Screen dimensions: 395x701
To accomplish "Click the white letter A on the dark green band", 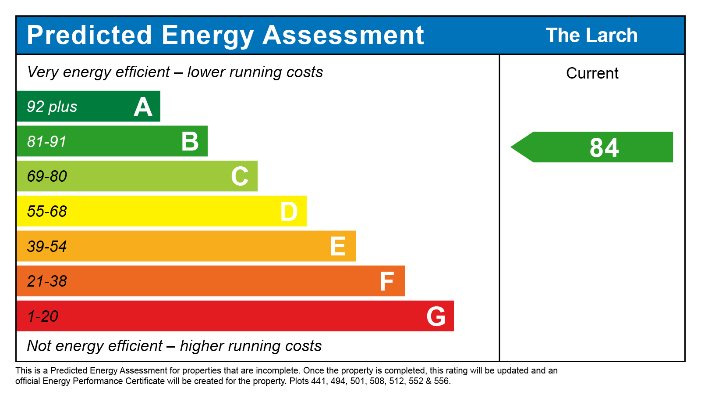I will tap(143, 107).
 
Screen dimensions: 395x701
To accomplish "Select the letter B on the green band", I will tap(190, 142).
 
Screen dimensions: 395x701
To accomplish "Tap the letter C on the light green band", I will tap(240, 176).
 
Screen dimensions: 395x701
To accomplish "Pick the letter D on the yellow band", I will tap(289, 212).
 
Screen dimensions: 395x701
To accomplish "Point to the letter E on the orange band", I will tap(338, 247).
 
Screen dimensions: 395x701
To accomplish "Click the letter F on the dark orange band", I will tap(387, 281).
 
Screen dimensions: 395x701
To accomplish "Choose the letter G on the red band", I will tap(436, 316).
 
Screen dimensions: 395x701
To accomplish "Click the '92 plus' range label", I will tap(52, 107).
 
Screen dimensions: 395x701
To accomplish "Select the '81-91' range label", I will tap(47, 142).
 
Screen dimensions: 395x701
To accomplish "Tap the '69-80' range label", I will tap(47, 176).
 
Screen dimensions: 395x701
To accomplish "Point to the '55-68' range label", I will tap(47, 212).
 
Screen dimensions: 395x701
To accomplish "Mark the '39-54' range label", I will tap(47, 247).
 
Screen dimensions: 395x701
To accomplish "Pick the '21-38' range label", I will tap(47, 281).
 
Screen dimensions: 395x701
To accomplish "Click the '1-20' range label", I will tap(43, 316).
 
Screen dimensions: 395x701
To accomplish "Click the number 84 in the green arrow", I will tap(604, 148).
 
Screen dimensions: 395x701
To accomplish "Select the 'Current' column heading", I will tap(592, 73).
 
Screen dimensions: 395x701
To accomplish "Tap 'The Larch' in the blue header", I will tap(591, 36).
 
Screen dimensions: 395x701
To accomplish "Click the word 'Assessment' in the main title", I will tap(343, 35).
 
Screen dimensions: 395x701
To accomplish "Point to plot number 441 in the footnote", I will tap(319, 381).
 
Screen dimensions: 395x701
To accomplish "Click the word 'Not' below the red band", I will tap(39, 346).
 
